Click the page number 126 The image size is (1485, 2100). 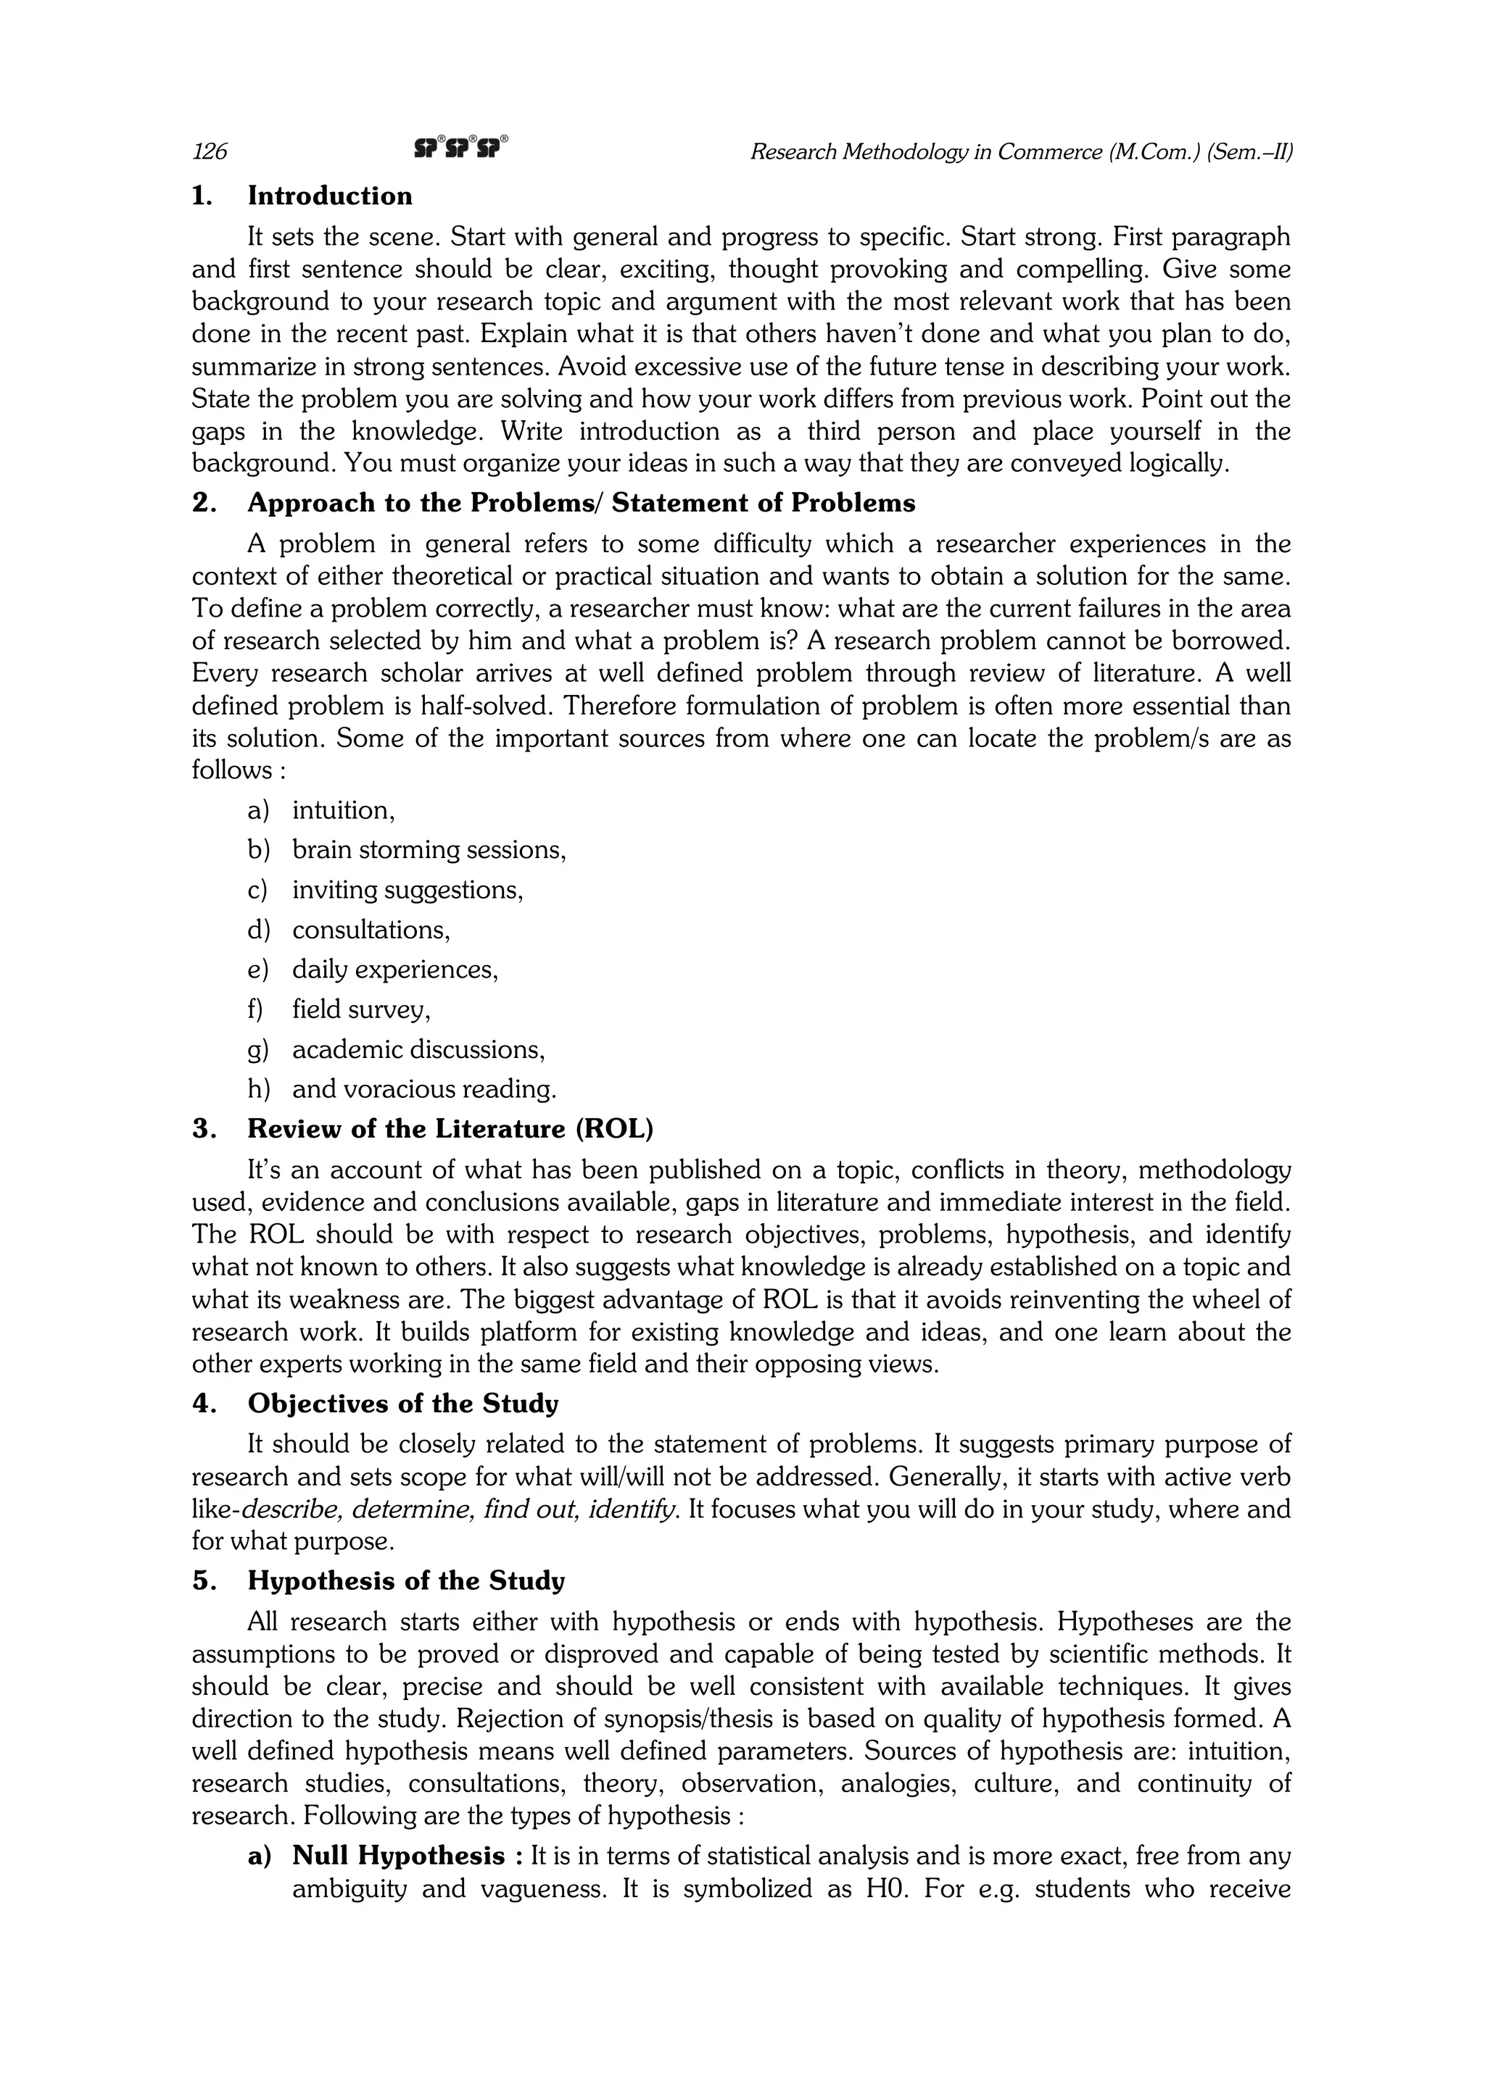tap(210, 152)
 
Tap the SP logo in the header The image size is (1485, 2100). tap(460, 147)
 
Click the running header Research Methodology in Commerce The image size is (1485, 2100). tap(1020, 152)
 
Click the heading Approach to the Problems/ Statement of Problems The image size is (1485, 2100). tap(581, 503)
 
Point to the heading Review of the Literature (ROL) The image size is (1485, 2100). tap(450, 1129)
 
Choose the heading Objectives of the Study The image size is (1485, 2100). tap(402, 1403)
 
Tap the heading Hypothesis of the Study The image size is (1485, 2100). tap(406, 1580)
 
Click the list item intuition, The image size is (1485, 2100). tap(343, 810)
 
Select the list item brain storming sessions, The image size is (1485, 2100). tap(429, 850)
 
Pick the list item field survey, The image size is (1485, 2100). tap(360, 1009)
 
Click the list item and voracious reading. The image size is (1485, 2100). tap(423, 1088)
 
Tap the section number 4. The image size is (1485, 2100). tap(202, 1403)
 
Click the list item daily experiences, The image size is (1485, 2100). tap(394, 970)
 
